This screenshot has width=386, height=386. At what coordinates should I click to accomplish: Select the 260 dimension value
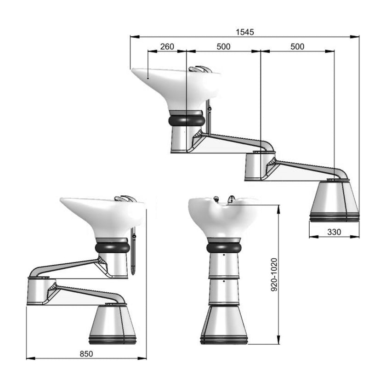coord(167,46)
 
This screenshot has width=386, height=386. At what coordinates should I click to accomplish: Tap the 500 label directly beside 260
coord(223,46)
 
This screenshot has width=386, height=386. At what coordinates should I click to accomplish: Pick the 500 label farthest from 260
coord(297,46)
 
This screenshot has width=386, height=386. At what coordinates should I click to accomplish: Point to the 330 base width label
coord(334,232)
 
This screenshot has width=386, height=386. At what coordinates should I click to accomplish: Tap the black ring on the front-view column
coord(223,248)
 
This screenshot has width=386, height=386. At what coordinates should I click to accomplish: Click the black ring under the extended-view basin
coord(186,120)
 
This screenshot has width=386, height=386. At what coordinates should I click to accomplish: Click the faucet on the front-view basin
coord(231,199)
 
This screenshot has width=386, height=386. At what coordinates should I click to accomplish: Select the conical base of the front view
coord(224,324)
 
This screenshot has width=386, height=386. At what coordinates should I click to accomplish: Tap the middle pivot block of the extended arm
coord(260,165)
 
